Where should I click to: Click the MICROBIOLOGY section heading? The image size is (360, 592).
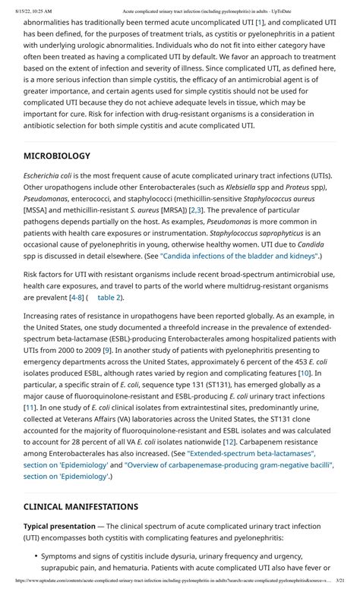57,156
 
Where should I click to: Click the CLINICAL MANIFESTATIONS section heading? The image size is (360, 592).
81,506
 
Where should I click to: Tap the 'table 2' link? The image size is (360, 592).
109,298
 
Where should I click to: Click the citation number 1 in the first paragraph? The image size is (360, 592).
260,23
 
